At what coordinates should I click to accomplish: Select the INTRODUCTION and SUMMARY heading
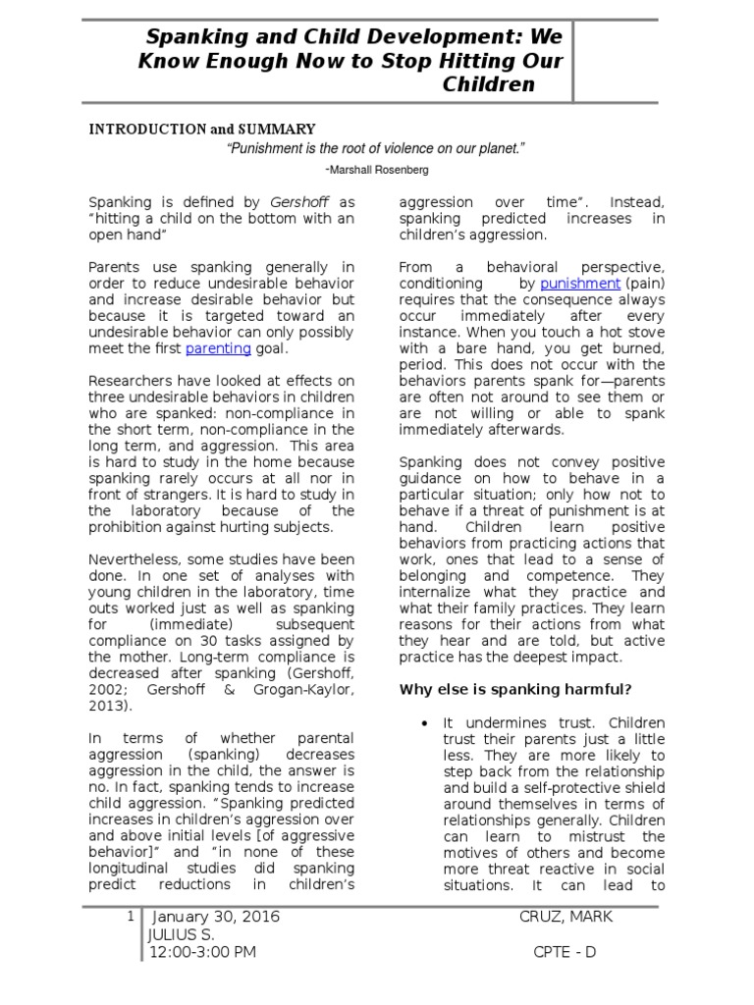(202, 129)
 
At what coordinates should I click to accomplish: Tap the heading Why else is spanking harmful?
(514, 689)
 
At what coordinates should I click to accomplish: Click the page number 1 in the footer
(131, 917)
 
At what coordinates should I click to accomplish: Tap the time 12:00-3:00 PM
(202, 951)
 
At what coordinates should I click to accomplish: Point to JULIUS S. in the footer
(181, 933)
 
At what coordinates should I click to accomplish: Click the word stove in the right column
(644, 333)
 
